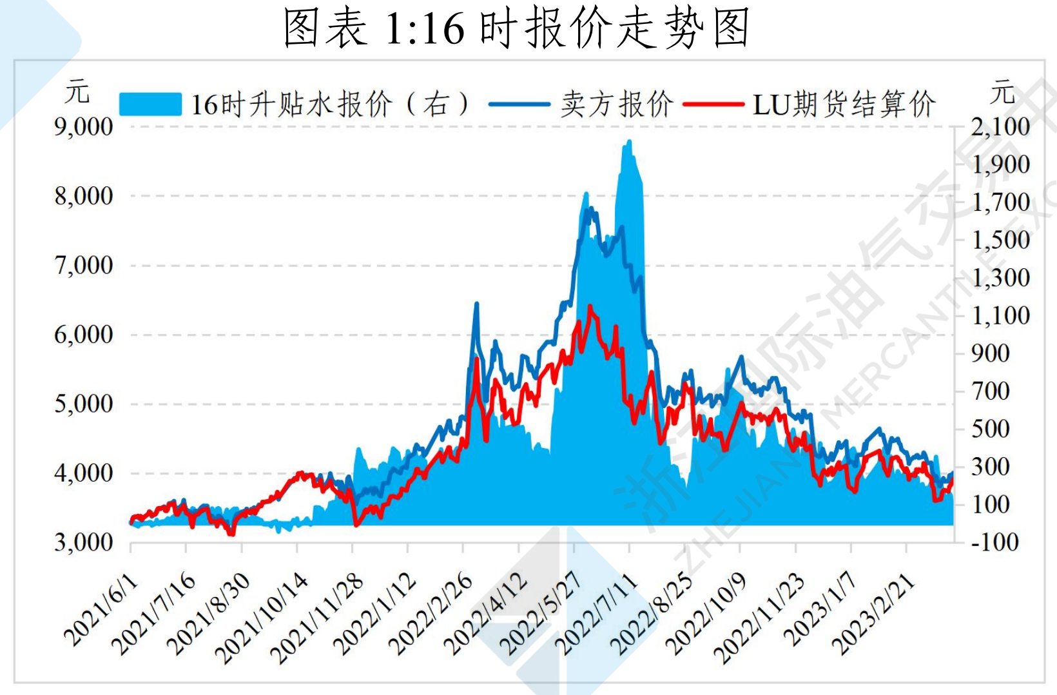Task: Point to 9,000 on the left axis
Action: coord(84,127)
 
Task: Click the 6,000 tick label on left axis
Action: coord(84,335)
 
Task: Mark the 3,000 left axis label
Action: coord(84,543)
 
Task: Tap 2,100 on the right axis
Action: coord(1000,127)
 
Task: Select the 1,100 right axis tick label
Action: coord(1000,316)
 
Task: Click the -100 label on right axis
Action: coord(995,542)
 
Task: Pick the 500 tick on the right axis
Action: coord(991,429)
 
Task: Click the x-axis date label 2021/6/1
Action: coord(101,609)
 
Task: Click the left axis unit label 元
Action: coord(77,92)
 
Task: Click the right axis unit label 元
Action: coord(1003,92)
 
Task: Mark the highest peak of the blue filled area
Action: coord(628,141)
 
